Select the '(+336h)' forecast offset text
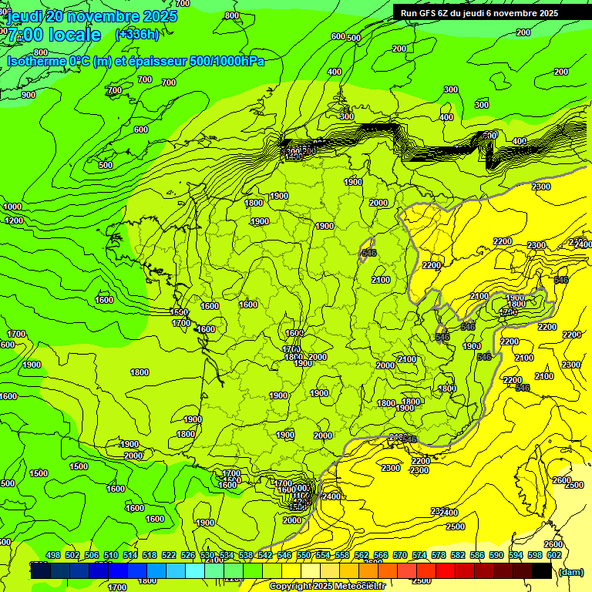[137, 35]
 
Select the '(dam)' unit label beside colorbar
[570, 571]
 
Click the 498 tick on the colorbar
[53, 555]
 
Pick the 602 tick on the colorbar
[553, 555]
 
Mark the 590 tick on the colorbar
[496, 555]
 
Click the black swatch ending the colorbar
[541, 571]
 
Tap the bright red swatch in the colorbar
[445, 571]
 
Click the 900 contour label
[29, 95]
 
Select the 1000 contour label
[12, 207]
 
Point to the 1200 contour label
[15, 220]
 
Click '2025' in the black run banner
[548, 13]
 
